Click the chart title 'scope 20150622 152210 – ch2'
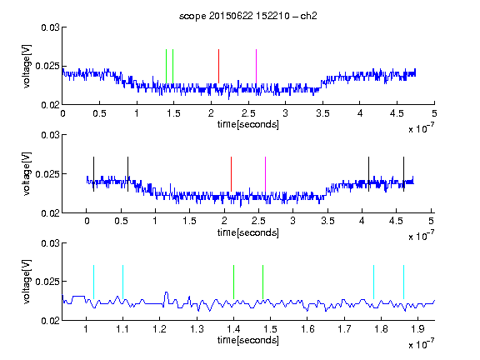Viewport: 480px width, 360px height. pyautogui.click(x=248, y=16)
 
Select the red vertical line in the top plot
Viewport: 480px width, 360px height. pyautogui.click(x=218, y=66)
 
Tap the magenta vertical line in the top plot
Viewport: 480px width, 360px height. pyautogui.click(x=256, y=66)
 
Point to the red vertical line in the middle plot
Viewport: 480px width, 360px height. pyautogui.click(x=231, y=174)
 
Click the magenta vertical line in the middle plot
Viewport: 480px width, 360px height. pyautogui.click(x=265, y=174)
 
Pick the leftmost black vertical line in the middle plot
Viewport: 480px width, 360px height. pyautogui.click(x=93, y=174)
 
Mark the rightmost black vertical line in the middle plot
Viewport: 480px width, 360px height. pyautogui.click(x=404, y=174)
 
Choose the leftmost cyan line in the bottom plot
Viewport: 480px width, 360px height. pyautogui.click(x=93, y=282)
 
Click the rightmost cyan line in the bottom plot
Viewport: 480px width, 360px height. pyautogui.click(x=404, y=282)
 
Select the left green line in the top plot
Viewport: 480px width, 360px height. pyautogui.click(x=166, y=66)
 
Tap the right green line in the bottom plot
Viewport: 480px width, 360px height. pyautogui.click(x=263, y=282)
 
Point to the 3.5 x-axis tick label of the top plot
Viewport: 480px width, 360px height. pyautogui.click(x=322, y=113)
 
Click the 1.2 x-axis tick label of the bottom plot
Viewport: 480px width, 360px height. pyautogui.click(x=159, y=329)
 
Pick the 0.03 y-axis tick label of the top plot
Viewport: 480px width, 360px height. pyautogui.click(x=50, y=27)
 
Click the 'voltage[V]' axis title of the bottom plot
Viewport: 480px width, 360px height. pyautogui.click(x=27, y=282)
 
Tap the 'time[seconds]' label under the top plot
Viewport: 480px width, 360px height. pyautogui.click(x=248, y=125)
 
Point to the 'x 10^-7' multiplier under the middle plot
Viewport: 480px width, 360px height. pyautogui.click(x=421, y=235)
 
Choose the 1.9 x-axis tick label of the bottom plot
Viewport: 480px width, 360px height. pyautogui.click(x=417, y=329)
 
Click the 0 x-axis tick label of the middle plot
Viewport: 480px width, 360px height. pyautogui.click(x=87, y=221)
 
